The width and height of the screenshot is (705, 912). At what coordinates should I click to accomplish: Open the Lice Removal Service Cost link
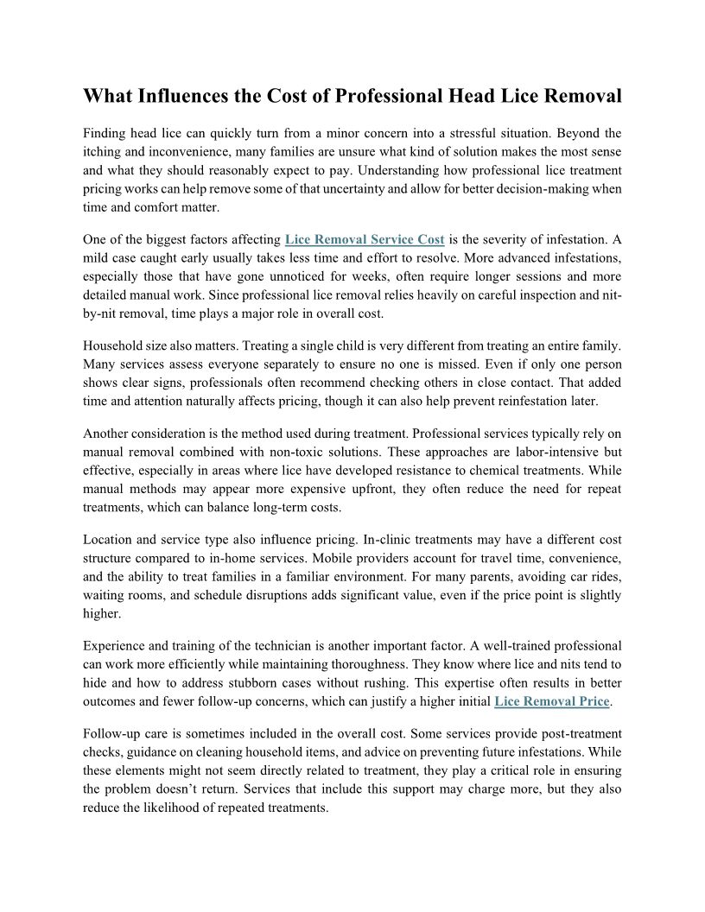coord(364,239)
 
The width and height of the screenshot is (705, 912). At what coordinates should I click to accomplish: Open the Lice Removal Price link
coord(551,701)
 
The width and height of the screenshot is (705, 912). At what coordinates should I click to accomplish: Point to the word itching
coord(103,152)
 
